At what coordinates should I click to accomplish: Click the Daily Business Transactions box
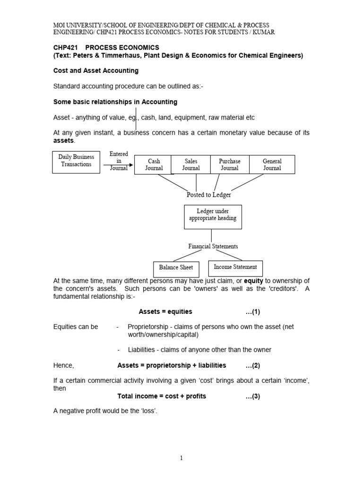pyautogui.click(x=76, y=161)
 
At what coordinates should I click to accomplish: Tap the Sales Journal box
pyautogui.click(x=191, y=164)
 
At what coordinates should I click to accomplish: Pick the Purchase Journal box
pyautogui.click(x=229, y=164)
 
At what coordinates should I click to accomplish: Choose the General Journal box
pyautogui.click(x=272, y=164)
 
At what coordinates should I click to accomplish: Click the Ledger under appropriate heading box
pyautogui.click(x=213, y=216)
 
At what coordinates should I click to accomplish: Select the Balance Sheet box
pyautogui.click(x=176, y=268)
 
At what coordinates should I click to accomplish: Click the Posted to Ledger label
pyautogui.click(x=209, y=195)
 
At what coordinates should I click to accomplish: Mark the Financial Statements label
pyautogui.click(x=213, y=246)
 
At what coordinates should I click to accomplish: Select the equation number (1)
pyautogui.click(x=253, y=311)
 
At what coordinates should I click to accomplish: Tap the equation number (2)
pyautogui.click(x=253, y=365)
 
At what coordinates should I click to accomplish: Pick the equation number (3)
pyautogui.click(x=253, y=396)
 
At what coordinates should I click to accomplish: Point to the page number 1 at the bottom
pyautogui.click(x=181, y=458)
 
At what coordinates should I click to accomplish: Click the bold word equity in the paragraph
pyautogui.click(x=253, y=281)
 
